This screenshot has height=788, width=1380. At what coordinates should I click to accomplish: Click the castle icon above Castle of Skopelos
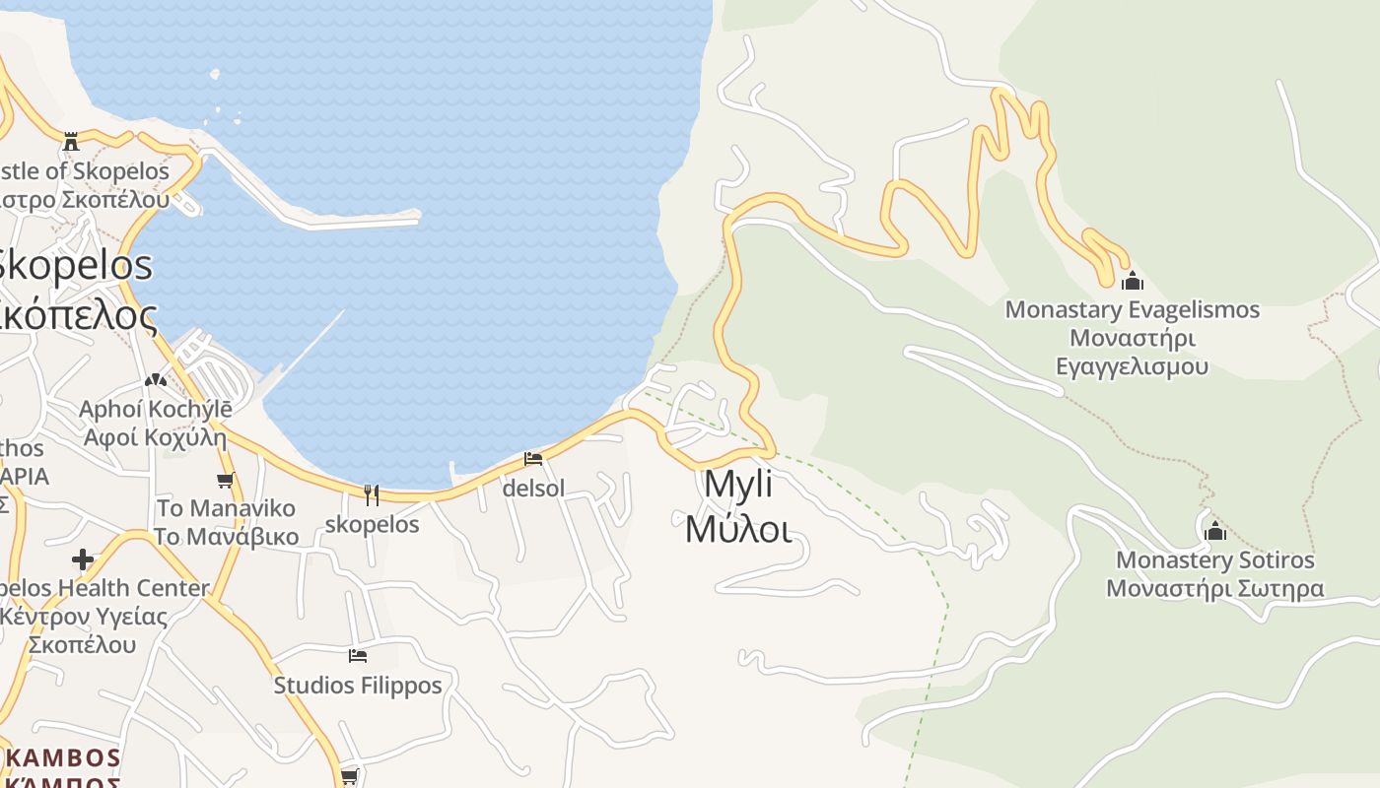(70, 142)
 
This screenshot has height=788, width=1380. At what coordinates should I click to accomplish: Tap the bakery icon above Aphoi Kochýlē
(155, 380)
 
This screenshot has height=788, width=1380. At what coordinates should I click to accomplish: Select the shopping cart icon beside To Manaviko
(225, 481)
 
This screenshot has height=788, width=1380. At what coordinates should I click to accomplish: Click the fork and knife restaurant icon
(372, 494)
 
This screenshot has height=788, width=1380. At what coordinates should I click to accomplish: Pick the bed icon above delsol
(533, 459)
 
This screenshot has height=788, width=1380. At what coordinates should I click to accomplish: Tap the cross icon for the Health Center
(83, 559)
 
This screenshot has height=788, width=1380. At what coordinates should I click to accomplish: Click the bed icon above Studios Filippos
(358, 655)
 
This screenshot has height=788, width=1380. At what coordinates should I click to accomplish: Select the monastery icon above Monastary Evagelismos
(1132, 281)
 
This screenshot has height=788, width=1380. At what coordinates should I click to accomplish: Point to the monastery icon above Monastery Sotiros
(1214, 531)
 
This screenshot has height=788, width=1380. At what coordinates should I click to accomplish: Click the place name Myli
(738, 485)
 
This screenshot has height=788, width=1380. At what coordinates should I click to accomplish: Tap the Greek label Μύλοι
(738, 529)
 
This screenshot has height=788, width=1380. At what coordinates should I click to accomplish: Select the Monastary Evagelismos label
(1132, 309)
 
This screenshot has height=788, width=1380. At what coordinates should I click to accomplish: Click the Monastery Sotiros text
(1214, 560)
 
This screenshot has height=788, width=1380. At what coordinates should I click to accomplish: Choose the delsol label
(533, 488)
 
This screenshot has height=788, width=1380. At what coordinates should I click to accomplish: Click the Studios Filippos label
(358, 685)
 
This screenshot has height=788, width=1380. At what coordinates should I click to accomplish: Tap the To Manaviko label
(226, 508)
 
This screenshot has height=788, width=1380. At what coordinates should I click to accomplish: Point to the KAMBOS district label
(63, 758)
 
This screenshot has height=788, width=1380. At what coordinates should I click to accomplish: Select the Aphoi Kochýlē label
(155, 409)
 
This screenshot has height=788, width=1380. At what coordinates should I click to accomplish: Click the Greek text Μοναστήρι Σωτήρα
(1214, 589)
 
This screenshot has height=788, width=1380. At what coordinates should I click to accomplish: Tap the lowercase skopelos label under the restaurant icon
(372, 524)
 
